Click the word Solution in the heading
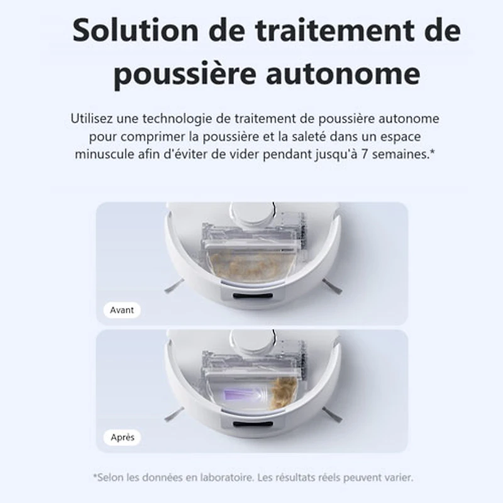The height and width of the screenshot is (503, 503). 135,30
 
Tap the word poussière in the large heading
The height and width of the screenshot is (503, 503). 185,74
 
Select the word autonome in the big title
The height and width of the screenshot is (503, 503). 343,74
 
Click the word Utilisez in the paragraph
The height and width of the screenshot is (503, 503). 91,118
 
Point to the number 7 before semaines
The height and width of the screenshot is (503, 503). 365,154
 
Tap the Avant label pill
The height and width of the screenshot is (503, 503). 122,310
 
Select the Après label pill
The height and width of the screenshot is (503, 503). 122,437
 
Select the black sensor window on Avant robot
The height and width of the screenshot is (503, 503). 253,296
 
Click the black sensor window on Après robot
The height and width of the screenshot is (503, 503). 253,423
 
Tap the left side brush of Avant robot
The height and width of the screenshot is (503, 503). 174,285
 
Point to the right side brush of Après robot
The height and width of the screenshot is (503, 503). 332,414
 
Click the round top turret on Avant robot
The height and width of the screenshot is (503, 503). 253,213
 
